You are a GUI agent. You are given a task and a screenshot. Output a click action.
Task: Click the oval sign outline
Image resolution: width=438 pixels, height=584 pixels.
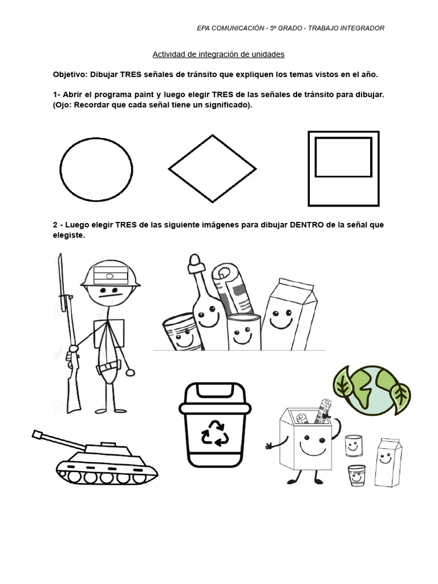click(x=60, y=169)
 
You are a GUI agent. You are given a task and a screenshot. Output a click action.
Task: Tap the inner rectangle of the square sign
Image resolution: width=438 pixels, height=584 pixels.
click(x=315, y=157)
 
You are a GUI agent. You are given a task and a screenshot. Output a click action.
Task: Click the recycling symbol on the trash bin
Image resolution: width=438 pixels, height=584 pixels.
click(x=215, y=433)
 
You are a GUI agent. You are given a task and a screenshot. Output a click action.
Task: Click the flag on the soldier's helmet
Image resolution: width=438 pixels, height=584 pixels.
click(x=111, y=275)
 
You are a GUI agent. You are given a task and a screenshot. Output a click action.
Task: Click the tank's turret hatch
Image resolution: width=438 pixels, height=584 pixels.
click(x=108, y=444)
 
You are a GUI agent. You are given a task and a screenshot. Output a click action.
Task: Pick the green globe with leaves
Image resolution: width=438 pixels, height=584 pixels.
click(x=371, y=390)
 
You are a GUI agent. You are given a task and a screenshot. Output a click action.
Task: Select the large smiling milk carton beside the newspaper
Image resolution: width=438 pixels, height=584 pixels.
click(x=289, y=315)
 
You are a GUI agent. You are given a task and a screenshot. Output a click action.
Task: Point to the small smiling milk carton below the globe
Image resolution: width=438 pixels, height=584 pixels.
click(x=388, y=463)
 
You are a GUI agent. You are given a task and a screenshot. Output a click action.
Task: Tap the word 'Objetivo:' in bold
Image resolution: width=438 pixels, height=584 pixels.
click(x=70, y=75)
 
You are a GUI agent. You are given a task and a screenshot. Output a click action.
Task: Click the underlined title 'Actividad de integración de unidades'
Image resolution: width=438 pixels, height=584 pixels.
click(x=218, y=54)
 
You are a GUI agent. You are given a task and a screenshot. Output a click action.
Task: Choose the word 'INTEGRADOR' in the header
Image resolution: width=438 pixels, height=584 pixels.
click(x=363, y=28)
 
